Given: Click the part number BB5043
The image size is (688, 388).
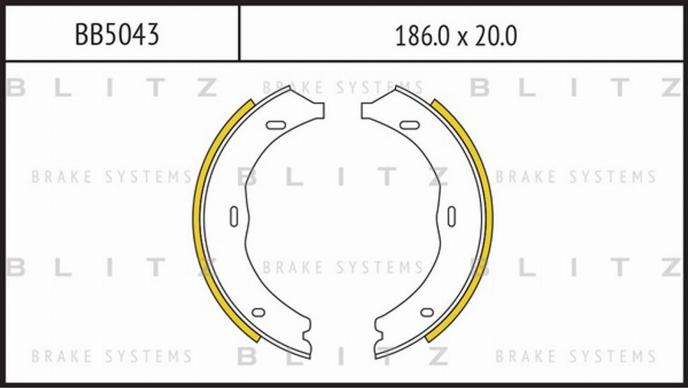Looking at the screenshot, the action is (117, 34).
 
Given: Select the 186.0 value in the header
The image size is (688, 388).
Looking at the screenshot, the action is (422, 36).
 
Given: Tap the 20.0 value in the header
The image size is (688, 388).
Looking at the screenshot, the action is (496, 36).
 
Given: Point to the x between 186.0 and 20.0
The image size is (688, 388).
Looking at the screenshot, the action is (462, 39).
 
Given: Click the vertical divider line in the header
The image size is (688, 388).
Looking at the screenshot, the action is (239, 33).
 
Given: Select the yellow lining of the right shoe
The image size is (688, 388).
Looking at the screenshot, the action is (487, 220).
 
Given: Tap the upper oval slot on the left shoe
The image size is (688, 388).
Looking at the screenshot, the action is (276, 126).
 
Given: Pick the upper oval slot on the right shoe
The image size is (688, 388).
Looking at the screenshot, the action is (410, 126).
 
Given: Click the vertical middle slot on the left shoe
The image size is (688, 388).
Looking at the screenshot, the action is (235, 217).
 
